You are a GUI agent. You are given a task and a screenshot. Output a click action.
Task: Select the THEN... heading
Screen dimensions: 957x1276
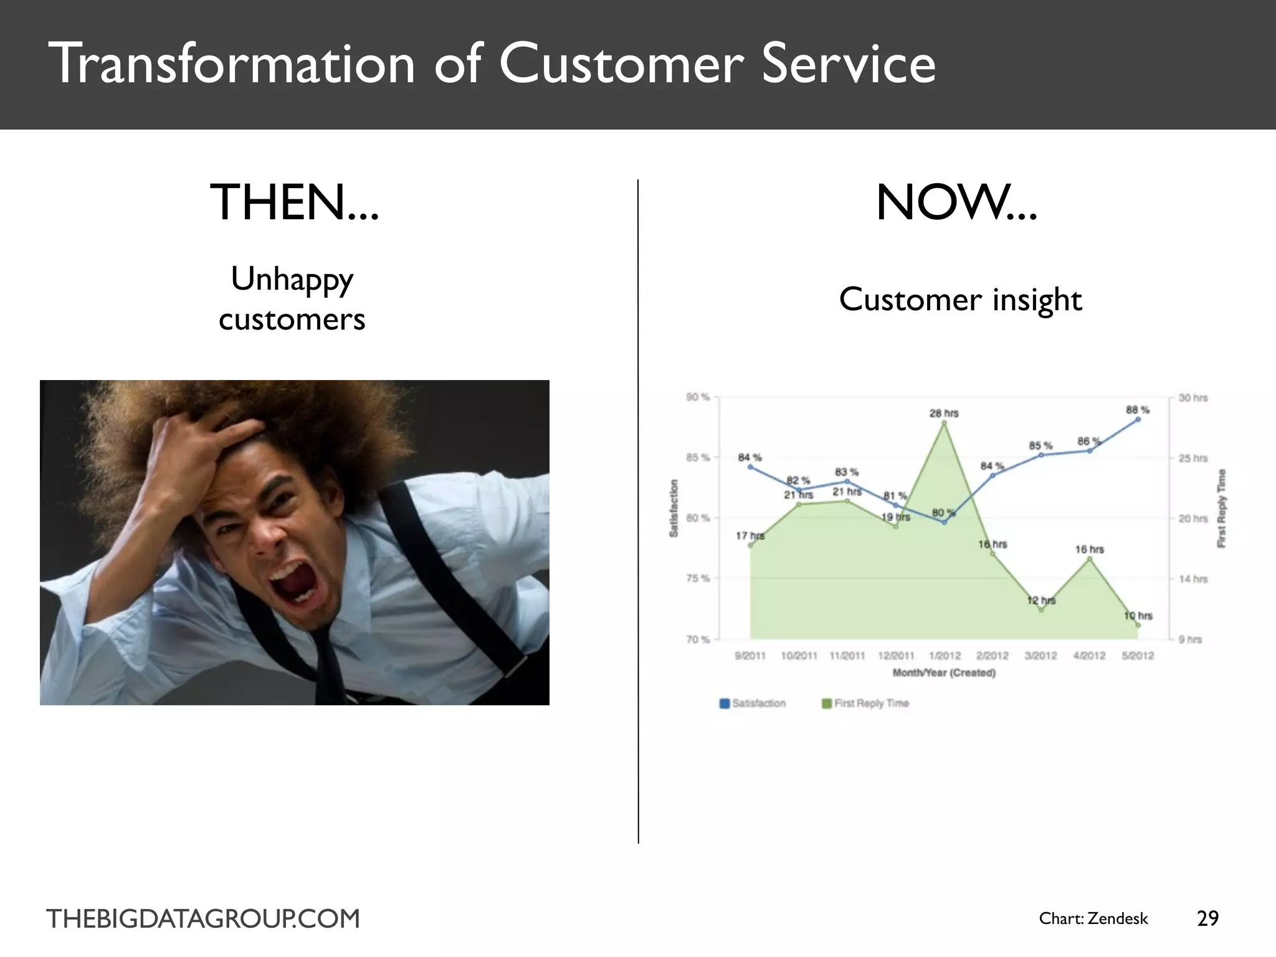point(294,203)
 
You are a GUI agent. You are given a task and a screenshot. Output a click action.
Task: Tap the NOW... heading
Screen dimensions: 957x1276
point(956,203)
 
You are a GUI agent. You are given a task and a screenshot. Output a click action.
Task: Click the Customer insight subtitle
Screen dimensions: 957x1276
point(960,300)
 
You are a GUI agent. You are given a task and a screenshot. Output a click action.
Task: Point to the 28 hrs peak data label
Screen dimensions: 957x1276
point(944,413)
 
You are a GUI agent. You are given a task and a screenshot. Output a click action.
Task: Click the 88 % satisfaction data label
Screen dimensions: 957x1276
point(1137,410)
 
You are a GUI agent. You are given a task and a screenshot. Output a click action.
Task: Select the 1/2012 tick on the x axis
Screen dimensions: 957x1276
point(945,655)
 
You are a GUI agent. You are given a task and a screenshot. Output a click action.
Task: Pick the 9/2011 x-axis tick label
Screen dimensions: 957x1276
point(750,655)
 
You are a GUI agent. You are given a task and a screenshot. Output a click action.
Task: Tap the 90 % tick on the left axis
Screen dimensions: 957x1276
point(698,398)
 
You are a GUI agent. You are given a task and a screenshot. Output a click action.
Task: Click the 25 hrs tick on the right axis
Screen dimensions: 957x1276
point(1193,458)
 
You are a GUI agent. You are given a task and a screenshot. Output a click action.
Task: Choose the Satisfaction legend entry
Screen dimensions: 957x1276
point(753,703)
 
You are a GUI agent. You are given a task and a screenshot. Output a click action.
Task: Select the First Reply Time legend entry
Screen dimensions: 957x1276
point(865,703)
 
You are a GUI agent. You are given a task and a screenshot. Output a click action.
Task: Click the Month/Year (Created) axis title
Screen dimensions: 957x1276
point(944,673)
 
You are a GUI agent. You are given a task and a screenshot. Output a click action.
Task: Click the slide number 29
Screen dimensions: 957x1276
point(1207,918)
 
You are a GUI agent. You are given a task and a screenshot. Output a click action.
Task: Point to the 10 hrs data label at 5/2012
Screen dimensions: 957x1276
point(1138,616)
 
